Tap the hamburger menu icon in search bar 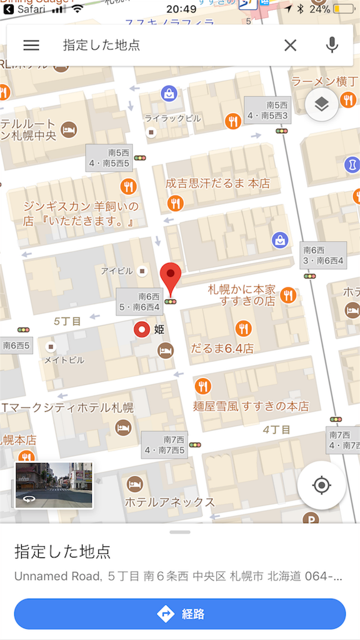(31, 45)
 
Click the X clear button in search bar (291, 45)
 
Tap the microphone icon (332, 45)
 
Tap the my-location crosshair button (321, 485)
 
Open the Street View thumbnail (54, 485)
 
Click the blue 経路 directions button (180, 614)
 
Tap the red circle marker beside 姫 (143, 329)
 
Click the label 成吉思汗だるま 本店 (217, 184)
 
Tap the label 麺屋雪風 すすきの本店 (251, 406)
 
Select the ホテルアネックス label (169, 502)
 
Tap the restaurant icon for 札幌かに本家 (287, 295)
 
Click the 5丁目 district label (67, 321)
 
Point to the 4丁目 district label (276, 429)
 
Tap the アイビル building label (117, 271)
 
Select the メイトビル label (64, 360)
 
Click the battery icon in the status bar (342, 9)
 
